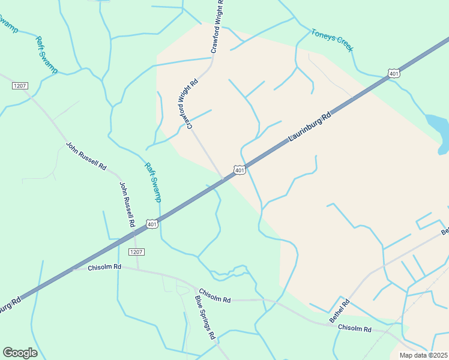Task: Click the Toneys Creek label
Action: click(332, 40)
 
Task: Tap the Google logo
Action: click(20, 353)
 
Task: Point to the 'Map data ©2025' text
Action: click(423, 355)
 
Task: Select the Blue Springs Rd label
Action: click(205, 317)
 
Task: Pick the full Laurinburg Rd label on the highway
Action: click(309, 128)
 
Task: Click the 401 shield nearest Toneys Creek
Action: click(394, 73)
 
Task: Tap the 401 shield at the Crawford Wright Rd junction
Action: click(240, 171)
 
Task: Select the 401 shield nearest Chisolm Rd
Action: click(152, 224)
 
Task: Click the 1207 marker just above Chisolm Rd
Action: click(136, 251)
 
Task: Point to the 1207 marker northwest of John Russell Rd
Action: click(20, 86)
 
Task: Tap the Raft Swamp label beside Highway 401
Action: click(153, 182)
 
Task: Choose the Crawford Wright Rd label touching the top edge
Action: click(220, 27)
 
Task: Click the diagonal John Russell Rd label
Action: click(86, 155)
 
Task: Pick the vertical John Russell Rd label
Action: click(127, 204)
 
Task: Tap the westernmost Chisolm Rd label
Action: click(104, 266)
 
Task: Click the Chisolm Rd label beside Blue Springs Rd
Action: click(214, 295)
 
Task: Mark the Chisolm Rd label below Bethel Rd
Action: click(354, 329)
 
